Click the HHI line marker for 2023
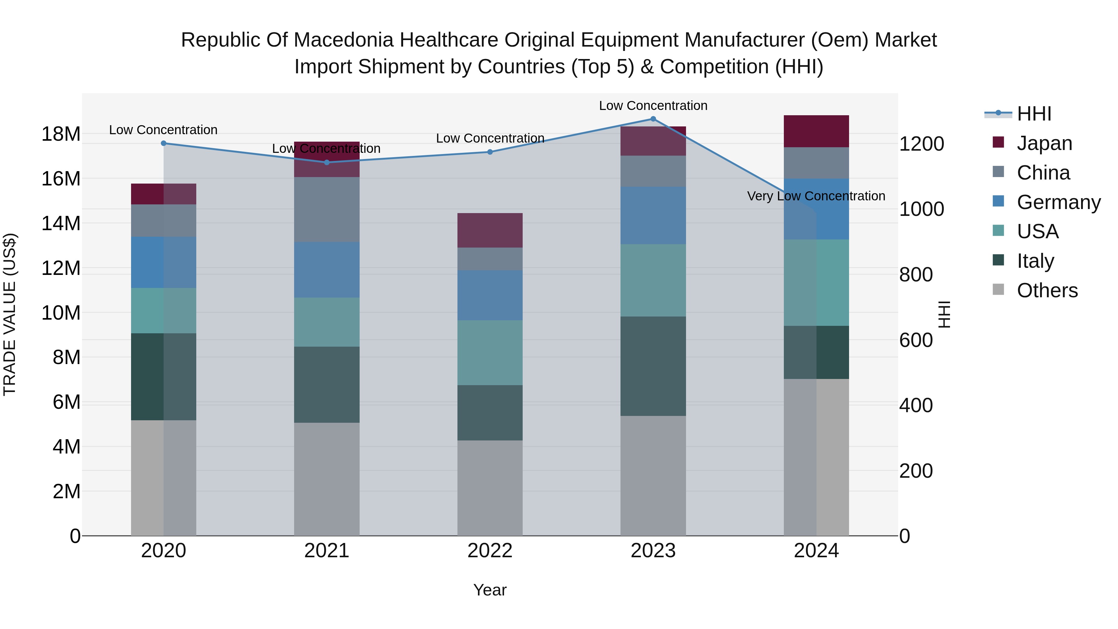click(x=653, y=119)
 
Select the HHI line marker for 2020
click(x=164, y=143)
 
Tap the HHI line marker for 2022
click(x=490, y=152)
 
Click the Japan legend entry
click(x=1044, y=143)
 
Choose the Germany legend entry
click(x=1058, y=202)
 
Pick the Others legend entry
click(x=1047, y=290)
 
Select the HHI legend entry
click(x=1034, y=114)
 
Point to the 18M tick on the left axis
click(x=61, y=134)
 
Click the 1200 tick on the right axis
click(x=921, y=144)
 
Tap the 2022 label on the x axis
click(x=490, y=551)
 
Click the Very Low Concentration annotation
click(x=816, y=196)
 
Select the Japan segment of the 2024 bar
click(x=816, y=131)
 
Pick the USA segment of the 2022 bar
click(x=490, y=353)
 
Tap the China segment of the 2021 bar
click(x=327, y=209)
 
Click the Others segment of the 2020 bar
click(x=164, y=477)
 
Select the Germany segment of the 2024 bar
click(x=816, y=209)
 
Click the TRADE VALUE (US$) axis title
click(x=10, y=314)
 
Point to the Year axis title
click(x=490, y=590)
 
